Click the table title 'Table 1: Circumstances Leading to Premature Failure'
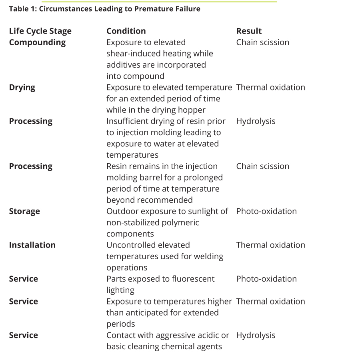coord(104,9)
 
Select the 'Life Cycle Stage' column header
coord(40,31)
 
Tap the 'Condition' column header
coord(126,31)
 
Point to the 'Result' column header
coord(249,31)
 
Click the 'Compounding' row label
coord(37,42)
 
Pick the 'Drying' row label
coord(22,88)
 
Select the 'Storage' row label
coord(24,211)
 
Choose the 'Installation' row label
coord(32,245)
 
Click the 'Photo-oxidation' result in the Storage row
coord(266,211)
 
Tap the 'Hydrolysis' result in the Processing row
coord(256,121)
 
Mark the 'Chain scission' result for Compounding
coord(262,42)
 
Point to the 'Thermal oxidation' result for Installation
coord(270,245)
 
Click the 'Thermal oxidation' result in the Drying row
coord(270,88)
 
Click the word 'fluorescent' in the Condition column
coord(192,279)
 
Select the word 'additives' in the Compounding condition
coord(126,65)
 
